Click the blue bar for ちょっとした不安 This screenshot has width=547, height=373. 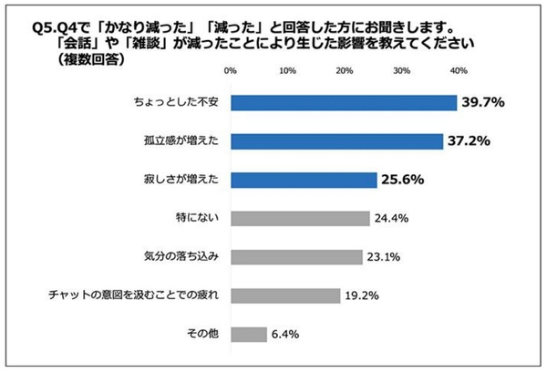click(x=343, y=102)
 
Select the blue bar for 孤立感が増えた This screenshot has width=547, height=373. click(x=335, y=140)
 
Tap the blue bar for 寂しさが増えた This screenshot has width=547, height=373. click(x=303, y=180)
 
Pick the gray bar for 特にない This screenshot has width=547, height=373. click(x=300, y=218)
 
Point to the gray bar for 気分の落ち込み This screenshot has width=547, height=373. click(x=296, y=257)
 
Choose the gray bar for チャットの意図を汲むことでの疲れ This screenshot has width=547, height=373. click(x=285, y=295)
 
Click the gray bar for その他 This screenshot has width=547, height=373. click(x=249, y=335)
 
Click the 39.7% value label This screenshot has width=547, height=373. click(x=484, y=102)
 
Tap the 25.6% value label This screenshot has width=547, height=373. click(x=404, y=181)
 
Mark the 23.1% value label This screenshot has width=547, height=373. click(x=385, y=257)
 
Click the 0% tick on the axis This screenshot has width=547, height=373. click(x=231, y=71)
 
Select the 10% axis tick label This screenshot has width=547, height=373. click(x=287, y=71)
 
